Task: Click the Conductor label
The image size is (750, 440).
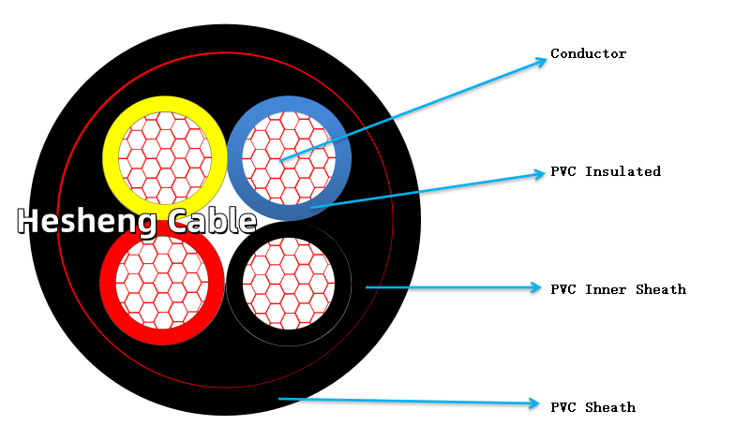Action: [x=588, y=54]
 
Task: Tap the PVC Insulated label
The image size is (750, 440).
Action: [x=606, y=172]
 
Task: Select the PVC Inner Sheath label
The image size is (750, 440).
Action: [x=618, y=290]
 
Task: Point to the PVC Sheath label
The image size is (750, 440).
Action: [x=592, y=408]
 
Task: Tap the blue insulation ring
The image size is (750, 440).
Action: [x=342, y=157]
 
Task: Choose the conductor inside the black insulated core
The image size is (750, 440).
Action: [x=289, y=284]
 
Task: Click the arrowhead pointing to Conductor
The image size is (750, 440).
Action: [x=542, y=61]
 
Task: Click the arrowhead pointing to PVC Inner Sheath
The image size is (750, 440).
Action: [x=537, y=287]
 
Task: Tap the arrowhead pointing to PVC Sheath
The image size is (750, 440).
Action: [x=537, y=403]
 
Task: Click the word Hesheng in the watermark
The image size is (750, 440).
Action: [x=80, y=222]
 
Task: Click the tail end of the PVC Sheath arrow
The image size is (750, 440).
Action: [x=280, y=399]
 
